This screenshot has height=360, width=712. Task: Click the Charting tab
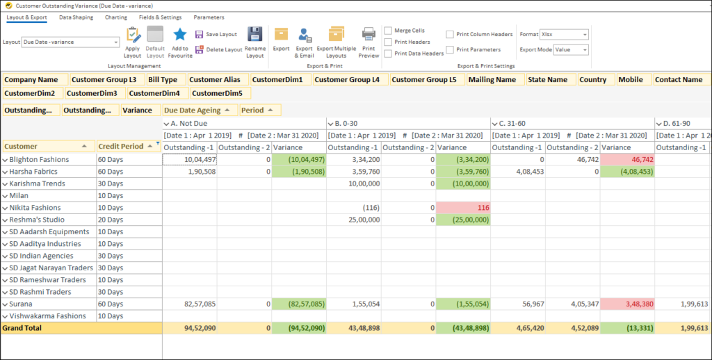(x=116, y=17)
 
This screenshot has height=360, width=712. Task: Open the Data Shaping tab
(x=76, y=17)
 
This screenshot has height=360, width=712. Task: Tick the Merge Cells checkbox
(x=388, y=31)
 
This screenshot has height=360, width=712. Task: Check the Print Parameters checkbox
(x=451, y=49)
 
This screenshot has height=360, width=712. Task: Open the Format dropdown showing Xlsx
(x=564, y=34)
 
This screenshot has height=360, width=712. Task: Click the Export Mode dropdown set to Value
(x=571, y=49)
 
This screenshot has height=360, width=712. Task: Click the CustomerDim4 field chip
(x=154, y=93)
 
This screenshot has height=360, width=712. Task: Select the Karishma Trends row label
(x=38, y=183)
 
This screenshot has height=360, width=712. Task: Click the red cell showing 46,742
(x=626, y=159)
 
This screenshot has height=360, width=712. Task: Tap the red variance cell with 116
(x=463, y=208)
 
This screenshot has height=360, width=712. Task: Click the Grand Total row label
(x=22, y=327)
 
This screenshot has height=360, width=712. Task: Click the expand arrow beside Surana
(x=5, y=304)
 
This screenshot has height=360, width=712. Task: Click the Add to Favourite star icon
(x=180, y=35)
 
